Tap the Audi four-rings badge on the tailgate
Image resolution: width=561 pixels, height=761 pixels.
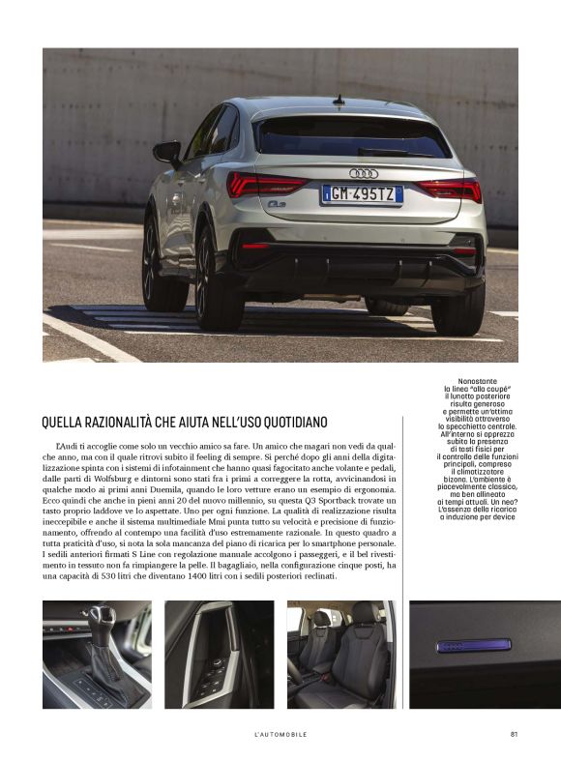coord(364,173)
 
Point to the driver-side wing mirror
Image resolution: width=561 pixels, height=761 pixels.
coord(167,152)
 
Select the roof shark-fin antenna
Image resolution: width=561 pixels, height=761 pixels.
coord(339,100)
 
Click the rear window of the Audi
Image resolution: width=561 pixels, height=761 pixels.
coord(353,137)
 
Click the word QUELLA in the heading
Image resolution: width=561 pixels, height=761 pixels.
coord(63,422)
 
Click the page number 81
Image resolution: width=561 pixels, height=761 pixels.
coord(514,734)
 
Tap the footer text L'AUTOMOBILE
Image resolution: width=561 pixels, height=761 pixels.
coord(280,734)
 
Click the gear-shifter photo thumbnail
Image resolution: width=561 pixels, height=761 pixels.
coord(97,654)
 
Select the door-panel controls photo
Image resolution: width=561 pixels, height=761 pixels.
coord(219,654)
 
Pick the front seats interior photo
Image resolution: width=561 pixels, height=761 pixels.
coord(340,654)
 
